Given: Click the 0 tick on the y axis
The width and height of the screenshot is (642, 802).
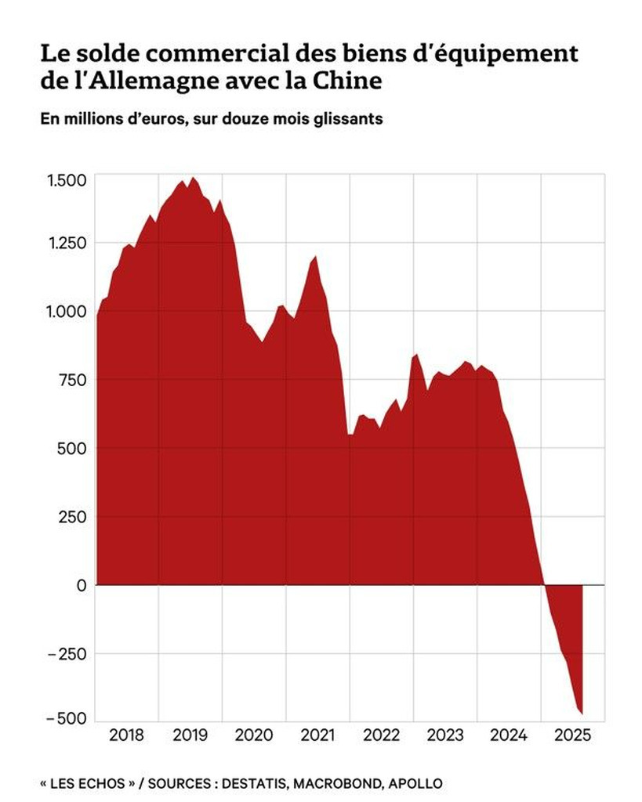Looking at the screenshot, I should point(82,585).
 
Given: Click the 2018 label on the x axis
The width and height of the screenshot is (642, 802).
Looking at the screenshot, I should point(126,735).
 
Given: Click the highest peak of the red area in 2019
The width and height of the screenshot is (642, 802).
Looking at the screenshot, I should point(194,178).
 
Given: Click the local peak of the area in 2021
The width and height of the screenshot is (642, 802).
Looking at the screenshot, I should point(315,256).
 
